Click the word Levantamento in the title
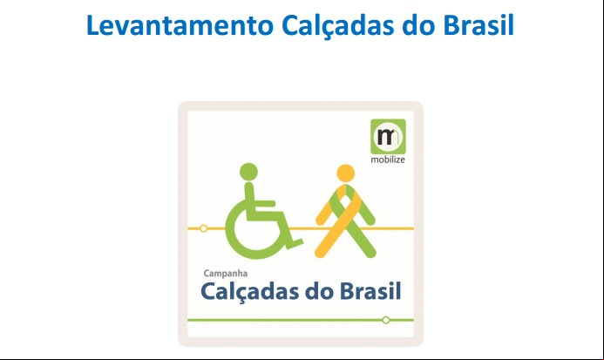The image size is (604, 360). [x=180, y=25]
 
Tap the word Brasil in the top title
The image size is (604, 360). [x=478, y=25]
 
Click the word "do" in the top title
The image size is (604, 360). [x=418, y=25]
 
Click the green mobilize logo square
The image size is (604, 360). [x=388, y=137]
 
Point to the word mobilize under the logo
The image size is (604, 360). [x=388, y=160]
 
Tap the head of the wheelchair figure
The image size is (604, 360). [x=248, y=172]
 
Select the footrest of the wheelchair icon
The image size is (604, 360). [x=295, y=243]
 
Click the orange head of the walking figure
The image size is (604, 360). [x=345, y=173]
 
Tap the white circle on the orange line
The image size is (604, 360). [x=203, y=228]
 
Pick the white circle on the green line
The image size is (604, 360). [x=386, y=320]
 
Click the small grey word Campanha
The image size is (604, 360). [x=226, y=274]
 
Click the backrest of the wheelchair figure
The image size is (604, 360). [x=249, y=199]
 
